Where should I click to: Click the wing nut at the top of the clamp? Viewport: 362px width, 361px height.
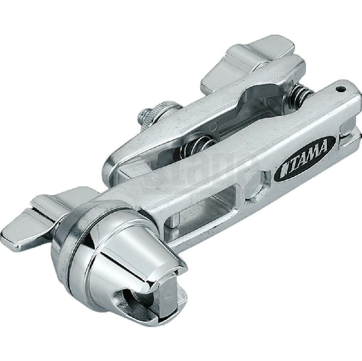[x=250, y=58]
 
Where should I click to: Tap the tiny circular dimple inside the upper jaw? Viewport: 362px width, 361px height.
[x=214, y=126]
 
